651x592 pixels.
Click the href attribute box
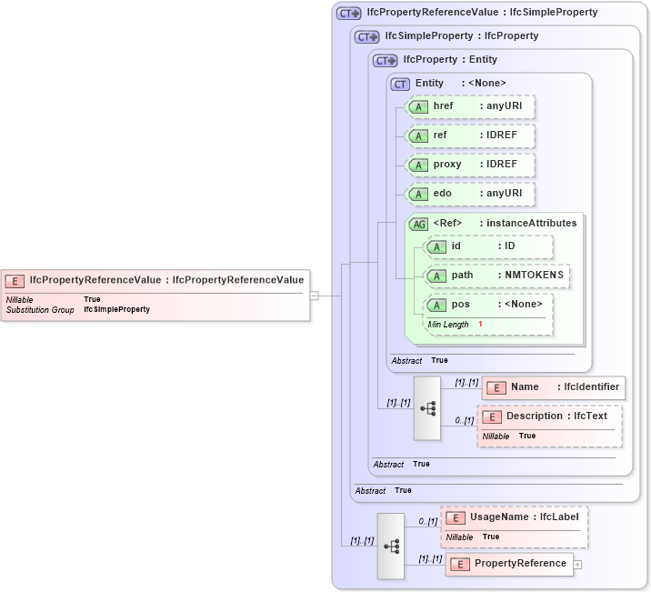point(469,107)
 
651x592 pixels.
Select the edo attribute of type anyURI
point(469,194)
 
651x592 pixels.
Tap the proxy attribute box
point(469,165)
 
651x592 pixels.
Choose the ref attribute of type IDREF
point(469,136)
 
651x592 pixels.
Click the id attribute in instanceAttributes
point(488,246)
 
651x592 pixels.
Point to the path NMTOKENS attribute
point(496,276)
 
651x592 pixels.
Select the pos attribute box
point(488,305)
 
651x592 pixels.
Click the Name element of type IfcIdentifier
point(554,387)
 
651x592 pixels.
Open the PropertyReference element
point(509,564)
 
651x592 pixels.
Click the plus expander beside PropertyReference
point(577,565)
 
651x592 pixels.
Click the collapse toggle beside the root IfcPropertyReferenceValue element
point(314,295)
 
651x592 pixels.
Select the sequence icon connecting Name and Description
point(426,408)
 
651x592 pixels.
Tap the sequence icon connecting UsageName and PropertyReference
point(391,546)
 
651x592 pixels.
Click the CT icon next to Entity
point(400,84)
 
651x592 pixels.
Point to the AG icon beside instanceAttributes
point(419,224)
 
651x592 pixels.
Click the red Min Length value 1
point(480,325)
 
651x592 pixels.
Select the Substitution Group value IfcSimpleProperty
point(116,310)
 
